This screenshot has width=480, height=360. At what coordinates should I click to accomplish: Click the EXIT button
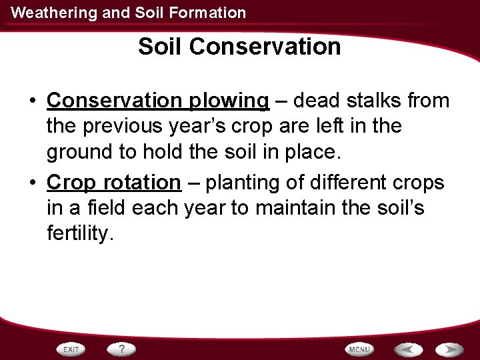(72, 349)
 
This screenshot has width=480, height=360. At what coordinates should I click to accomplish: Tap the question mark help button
(121, 349)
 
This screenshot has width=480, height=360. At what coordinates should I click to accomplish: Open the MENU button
(359, 349)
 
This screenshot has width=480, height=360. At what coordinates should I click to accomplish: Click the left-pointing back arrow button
(407, 349)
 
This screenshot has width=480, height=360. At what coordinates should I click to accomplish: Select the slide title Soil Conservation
(239, 47)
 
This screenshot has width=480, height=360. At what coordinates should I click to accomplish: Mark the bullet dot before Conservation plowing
(32, 101)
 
